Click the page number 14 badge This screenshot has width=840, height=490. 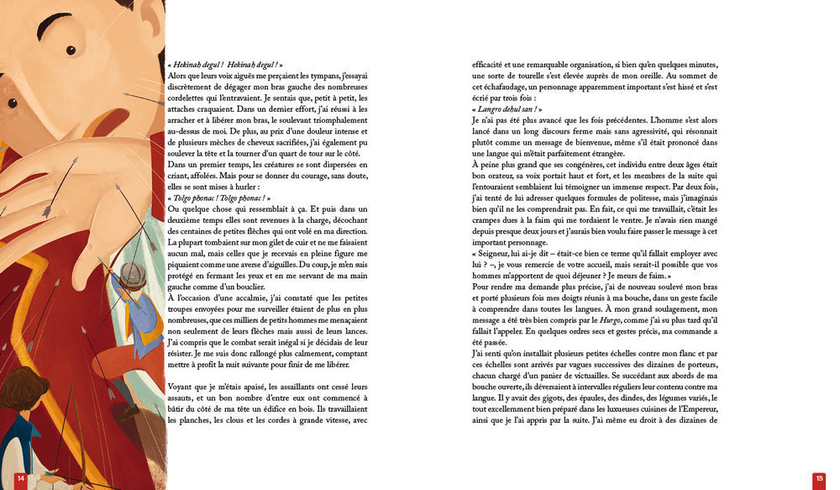[21, 478]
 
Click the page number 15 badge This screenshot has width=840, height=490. [819, 478]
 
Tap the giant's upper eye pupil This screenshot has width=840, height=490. [71, 50]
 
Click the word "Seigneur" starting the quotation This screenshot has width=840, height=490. [494, 254]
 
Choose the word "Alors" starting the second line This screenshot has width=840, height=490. [179, 76]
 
